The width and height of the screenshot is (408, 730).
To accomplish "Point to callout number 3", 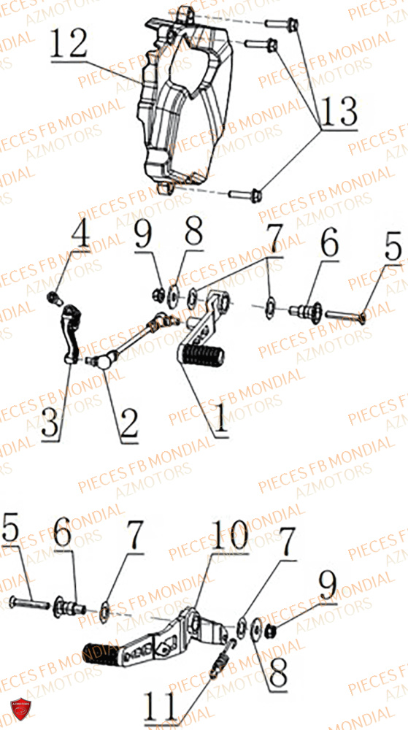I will (x=50, y=423).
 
